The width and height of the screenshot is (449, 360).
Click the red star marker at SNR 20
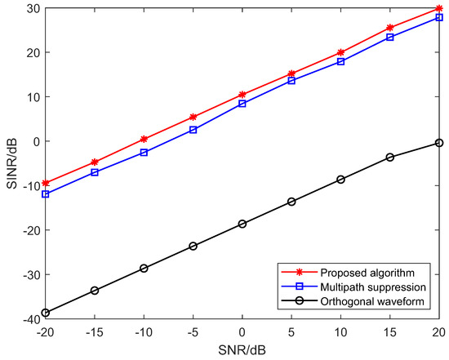[439, 8]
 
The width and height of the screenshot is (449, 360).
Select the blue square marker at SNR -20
[46, 194]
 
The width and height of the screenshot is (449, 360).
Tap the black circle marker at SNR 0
[242, 224]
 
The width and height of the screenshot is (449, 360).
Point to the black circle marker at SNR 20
[439, 143]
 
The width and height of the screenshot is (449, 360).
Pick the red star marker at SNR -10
[144, 139]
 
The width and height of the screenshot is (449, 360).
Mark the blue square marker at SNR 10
[340, 61]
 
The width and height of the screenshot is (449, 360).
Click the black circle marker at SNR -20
[46, 313]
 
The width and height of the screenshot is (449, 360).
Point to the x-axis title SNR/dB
[242, 349]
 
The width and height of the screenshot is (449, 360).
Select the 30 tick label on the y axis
[32, 8]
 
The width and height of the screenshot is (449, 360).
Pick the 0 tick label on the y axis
[35, 141]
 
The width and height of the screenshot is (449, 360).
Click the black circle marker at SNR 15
[390, 157]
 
